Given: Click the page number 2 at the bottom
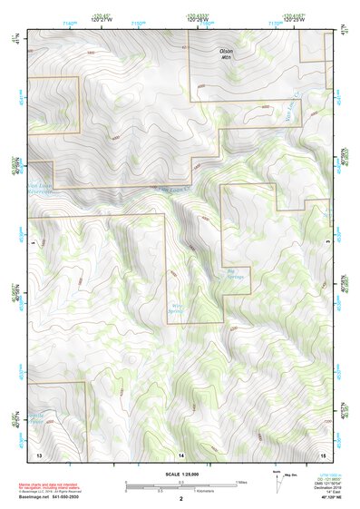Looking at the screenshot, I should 181,498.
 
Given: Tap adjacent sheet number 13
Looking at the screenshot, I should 39,452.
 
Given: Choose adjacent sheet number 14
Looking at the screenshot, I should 181,452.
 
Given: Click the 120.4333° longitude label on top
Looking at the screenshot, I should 199,17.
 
